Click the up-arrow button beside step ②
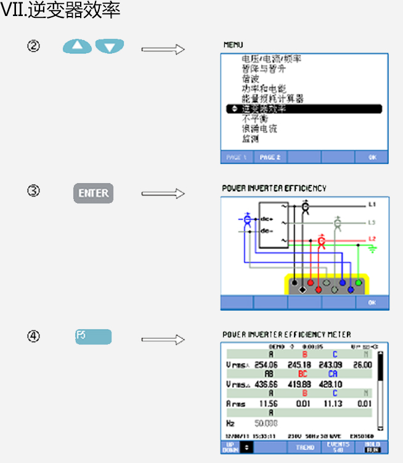click(x=77, y=46)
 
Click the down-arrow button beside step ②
click(x=110, y=46)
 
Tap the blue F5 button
click(x=93, y=337)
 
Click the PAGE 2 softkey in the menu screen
click(x=270, y=157)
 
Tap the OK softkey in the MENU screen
click(x=372, y=157)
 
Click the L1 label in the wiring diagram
click(x=372, y=203)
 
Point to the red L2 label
click(x=372, y=239)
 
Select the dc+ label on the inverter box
click(x=267, y=219)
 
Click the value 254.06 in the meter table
click(x=266, y=364)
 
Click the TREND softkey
click(x=305, y=447)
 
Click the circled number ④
click(x=34, y=337)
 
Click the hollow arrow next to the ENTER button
click(x=163, y=194)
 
